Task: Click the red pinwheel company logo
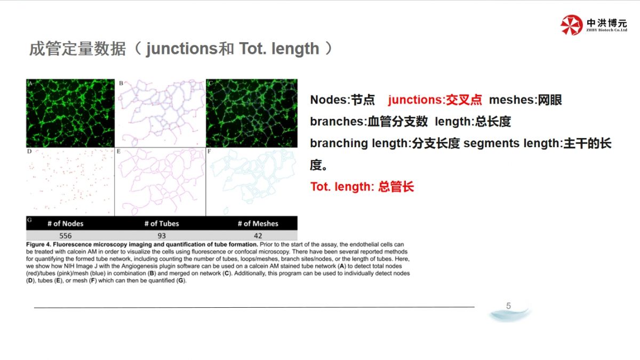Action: click(x=571, y=25)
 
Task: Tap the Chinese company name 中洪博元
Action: click(x=607, y=22)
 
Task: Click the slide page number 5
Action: click(x=509, y=306)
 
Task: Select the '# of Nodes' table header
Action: click(x=66, y=223)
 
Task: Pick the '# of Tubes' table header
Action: click(x=162, y=223)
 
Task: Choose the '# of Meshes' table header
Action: click(x=258, y=223)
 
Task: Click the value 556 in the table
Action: click(x=66, y=236)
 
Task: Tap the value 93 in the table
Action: click(x=162, y=236)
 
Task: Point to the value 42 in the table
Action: click(x=258, y=236)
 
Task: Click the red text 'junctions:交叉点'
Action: click(x=435, y=100)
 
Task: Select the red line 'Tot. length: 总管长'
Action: click(x=362, y=187)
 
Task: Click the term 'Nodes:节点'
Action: click(x=342, y=100)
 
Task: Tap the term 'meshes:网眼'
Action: click(x=525, y=100)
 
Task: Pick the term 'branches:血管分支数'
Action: click(x=369, y=122)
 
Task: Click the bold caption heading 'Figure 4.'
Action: click(x=38, y=244)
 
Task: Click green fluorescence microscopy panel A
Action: click(x=70, y=113)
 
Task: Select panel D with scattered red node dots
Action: click(x=70, y=182)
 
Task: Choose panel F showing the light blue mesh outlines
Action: click(x=252, y=182)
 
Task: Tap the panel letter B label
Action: click(x=121, y=83)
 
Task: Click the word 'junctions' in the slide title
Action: click(x=182, y=49)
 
